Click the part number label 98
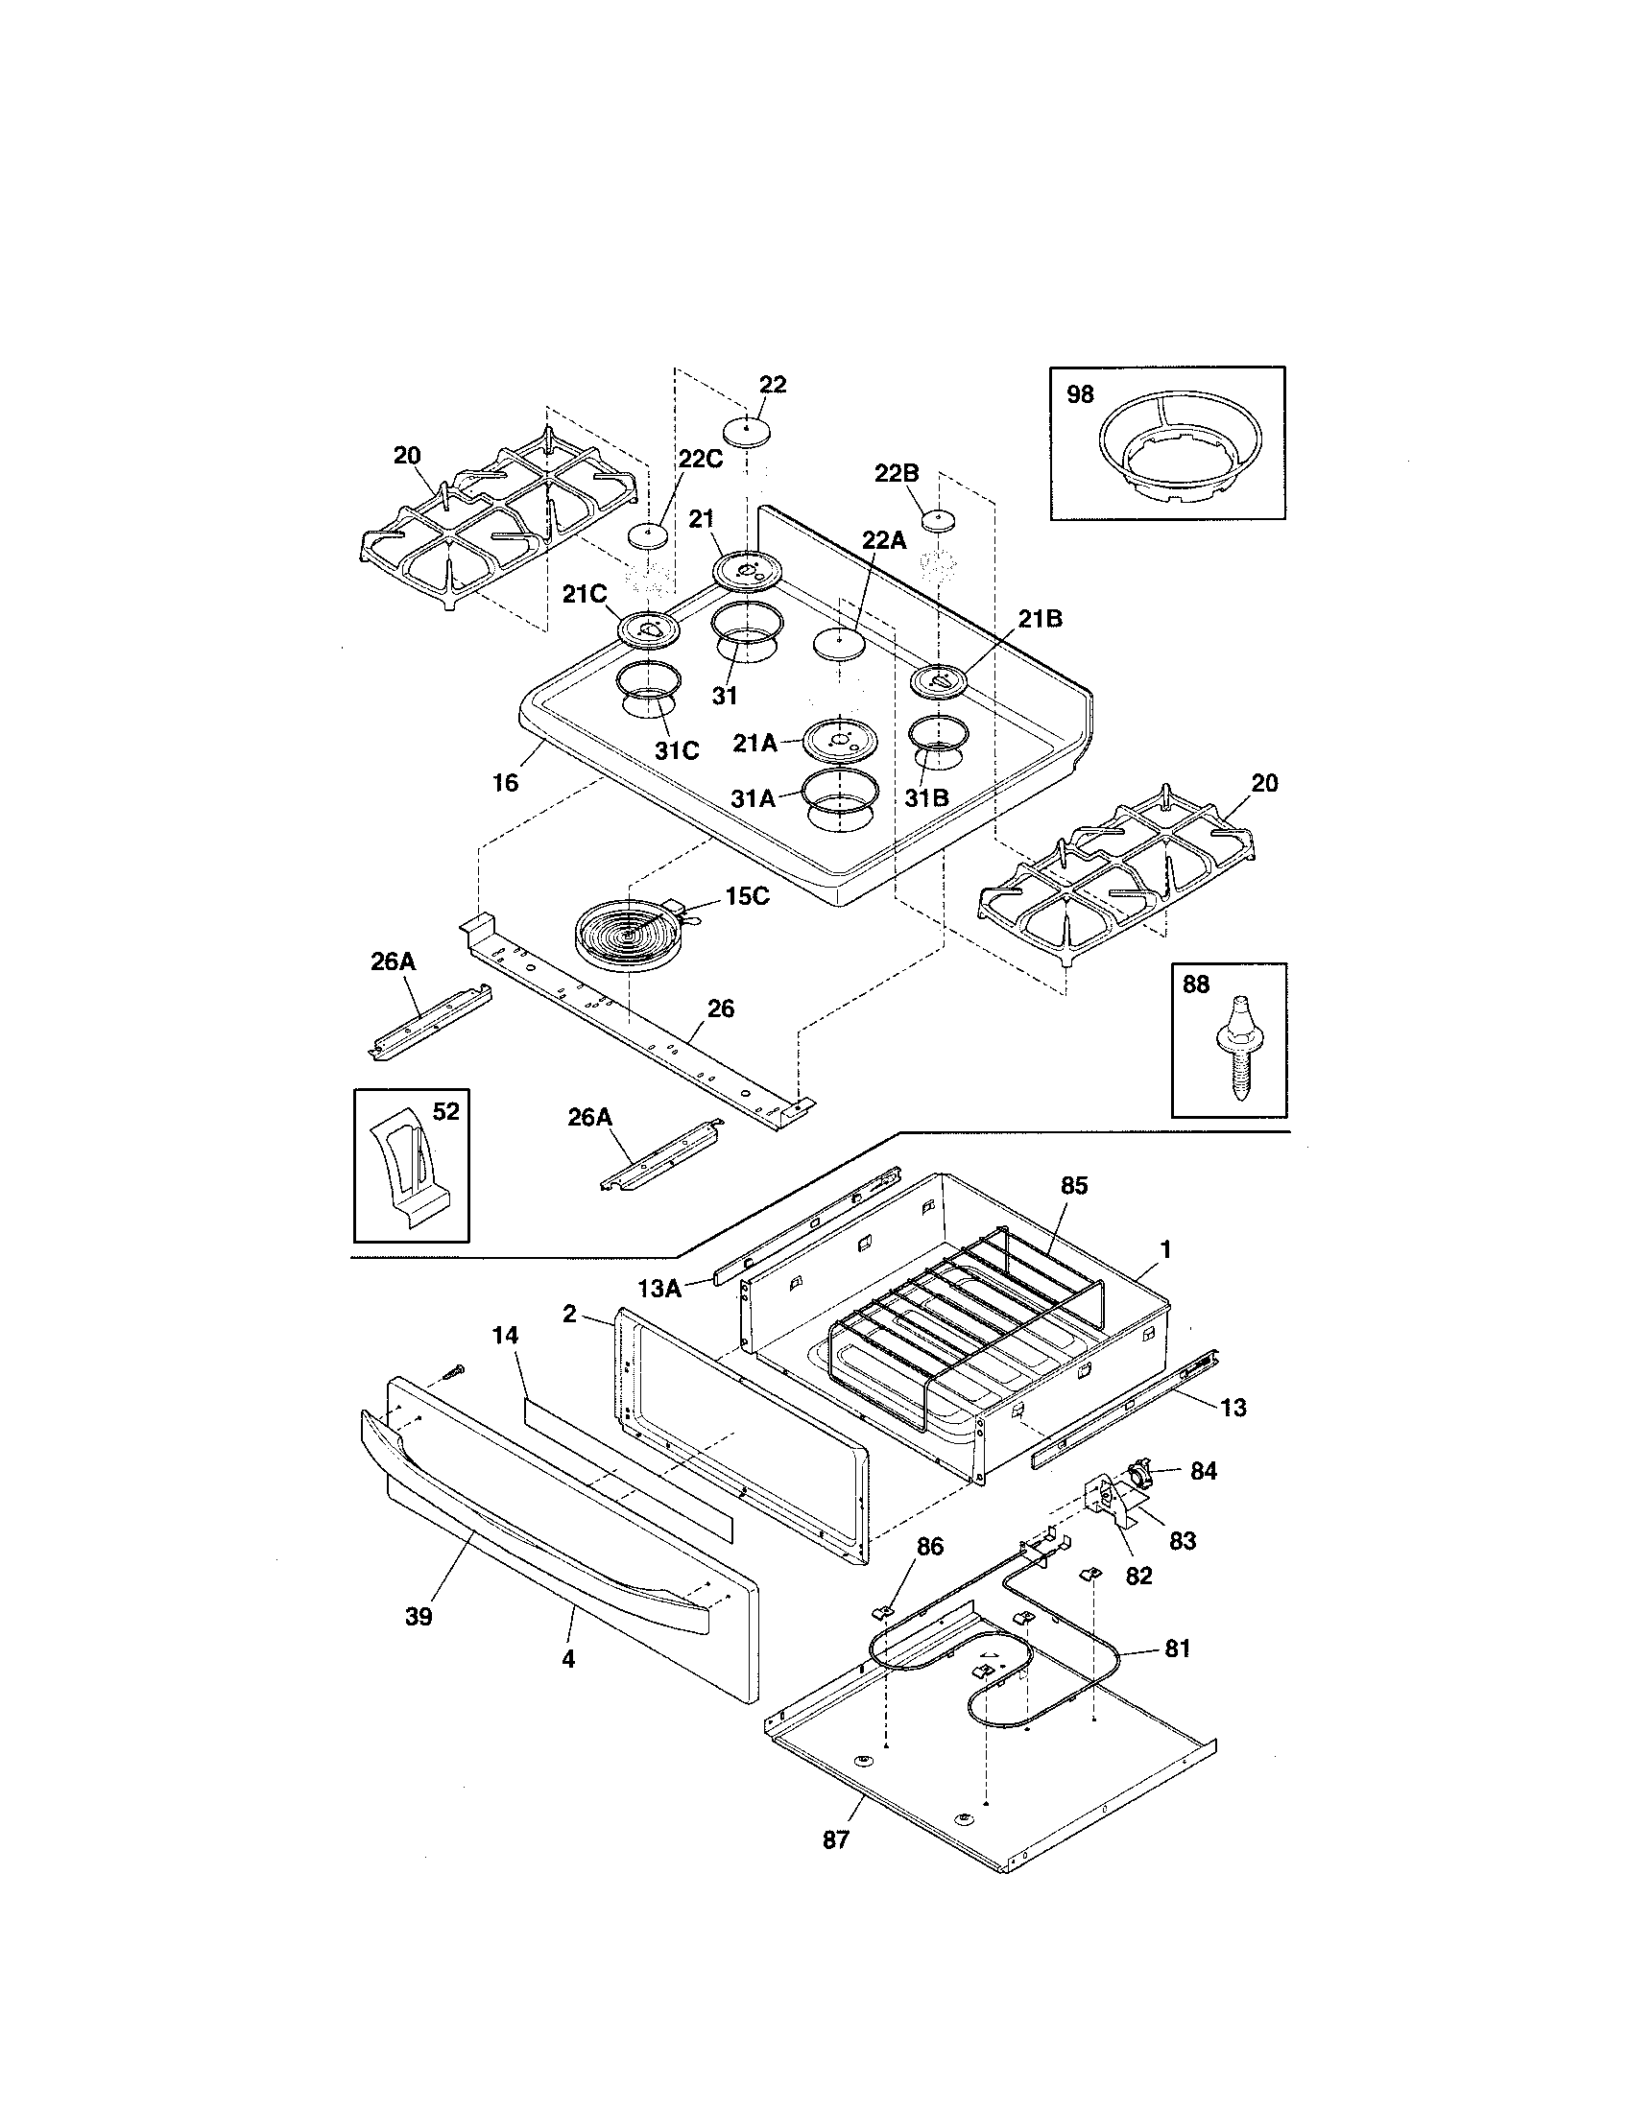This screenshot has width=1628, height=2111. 1080,394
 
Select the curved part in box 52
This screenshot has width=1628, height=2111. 410,1171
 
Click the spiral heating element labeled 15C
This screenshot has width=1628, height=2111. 630,933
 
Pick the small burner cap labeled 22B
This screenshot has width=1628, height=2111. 937,519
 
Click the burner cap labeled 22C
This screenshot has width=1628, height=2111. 649,534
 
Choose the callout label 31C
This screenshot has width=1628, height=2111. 677,751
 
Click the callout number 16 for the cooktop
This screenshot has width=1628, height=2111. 506,783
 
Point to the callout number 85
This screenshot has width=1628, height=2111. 1074,1186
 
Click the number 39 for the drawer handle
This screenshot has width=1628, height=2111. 419,1615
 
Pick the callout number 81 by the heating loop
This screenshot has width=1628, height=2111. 1177,1648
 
